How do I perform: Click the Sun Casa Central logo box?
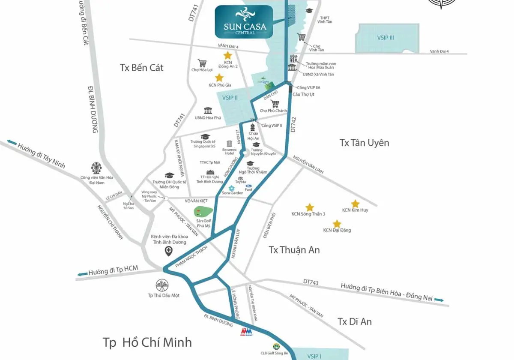pyautogui.click(x=245, y=22)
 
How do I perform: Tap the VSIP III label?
pyautogui.click(x=386, y=38)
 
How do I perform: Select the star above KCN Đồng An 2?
pyautogui.click(x=227, y=56)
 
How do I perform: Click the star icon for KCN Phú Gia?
pyautogui.click(x=219, y=78)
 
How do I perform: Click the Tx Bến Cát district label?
pyautogui.click(x=142, y=68)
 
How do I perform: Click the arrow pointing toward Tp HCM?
pyautogui.click(x=82, y=273)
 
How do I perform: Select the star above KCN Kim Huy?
pyautogui.click(x=355, y=204)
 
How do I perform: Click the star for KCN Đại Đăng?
pyautogui.click(x=337, y=224)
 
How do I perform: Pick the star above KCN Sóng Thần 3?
pyautogui.click(x=310, y=207)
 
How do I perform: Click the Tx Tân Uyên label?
pyautogui.click(x=364, y=143)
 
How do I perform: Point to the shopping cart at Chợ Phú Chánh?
pyautogui.click(x=275, y=104)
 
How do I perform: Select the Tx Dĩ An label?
pyautogui.click(x=354, y=321)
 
